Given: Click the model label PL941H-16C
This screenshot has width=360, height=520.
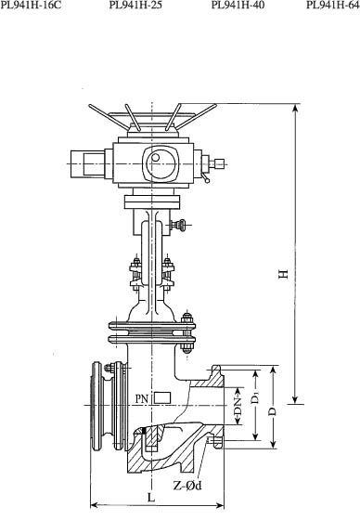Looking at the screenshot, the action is click(31, 5).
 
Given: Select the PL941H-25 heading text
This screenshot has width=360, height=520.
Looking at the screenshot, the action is click(135, 5).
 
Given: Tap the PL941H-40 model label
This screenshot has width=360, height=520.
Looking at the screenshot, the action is click(238, 5).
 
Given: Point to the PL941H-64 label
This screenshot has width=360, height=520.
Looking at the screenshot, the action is click(333, 5).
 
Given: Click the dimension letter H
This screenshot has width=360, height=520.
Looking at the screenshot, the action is click(283, 274).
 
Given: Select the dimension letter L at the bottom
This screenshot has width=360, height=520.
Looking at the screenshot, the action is click(151, 498).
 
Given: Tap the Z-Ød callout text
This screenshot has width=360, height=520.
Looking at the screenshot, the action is click(187, 486).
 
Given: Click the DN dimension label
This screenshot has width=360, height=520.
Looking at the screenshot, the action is click(238, 405).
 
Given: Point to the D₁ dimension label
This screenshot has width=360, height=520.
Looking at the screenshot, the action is click(255, 397).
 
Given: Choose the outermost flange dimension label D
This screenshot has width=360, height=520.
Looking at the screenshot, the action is click(273, 411).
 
